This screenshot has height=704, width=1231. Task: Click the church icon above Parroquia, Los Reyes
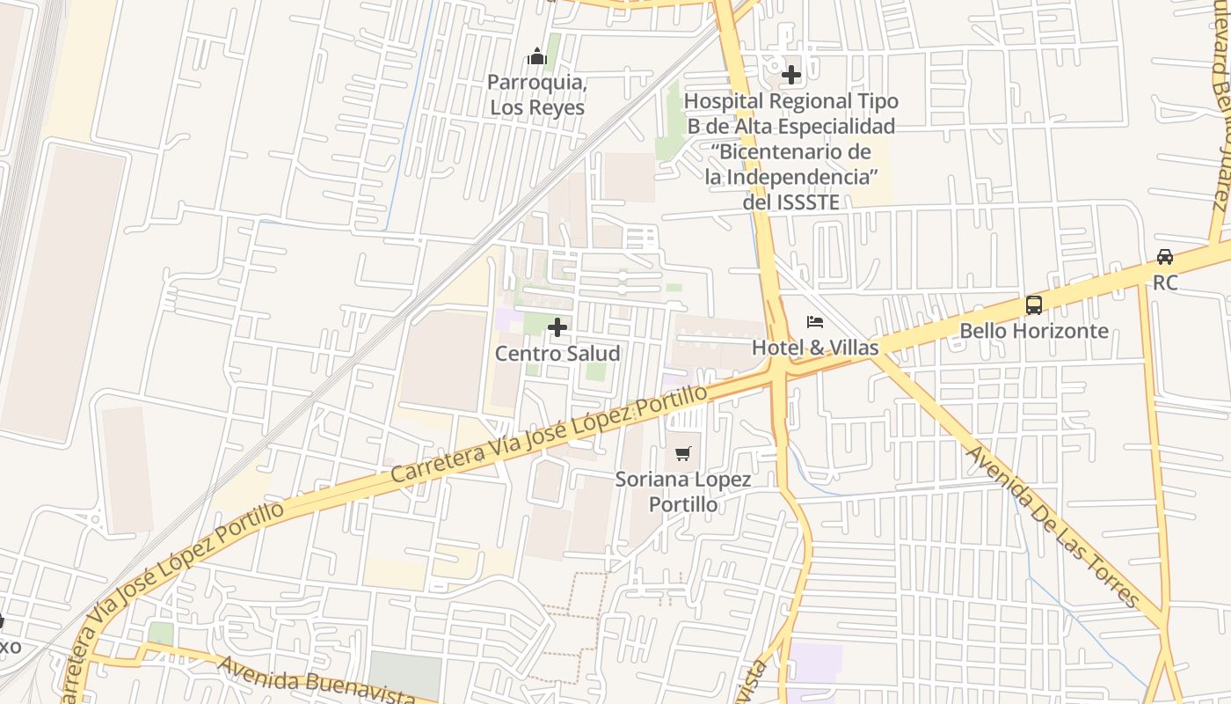pyautogui.click(x=537, y=58)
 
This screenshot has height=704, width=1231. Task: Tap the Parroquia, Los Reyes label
pyautogui.click(x=537, y=95)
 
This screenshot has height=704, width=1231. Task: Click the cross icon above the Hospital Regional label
pyautogui.click(x=791, y=75)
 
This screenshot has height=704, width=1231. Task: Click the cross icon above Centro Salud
pyautogui.click(x=557, y=328)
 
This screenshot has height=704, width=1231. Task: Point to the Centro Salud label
pyautogui.click(x=557, y=354)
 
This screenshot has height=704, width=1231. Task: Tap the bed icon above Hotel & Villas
pyautogui.click(x=815, y=322)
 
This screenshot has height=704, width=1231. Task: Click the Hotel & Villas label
pyautogui.click(x=815, y=348)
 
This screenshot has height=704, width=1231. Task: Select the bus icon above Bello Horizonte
pyautogui.click(x=1034, y=305)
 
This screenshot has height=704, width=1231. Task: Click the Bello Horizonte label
pyautogui.click(x=1034, y=331)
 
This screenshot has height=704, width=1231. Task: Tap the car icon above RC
pyautogui.click(x=1165, y=257)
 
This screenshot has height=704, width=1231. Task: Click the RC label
pyautogui.click(x=1165, y=283)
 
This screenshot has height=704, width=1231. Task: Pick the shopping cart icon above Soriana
pyautogui.click(x=683, y=454)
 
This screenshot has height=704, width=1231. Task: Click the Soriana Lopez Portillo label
pyautogui.click(x=683, y=492)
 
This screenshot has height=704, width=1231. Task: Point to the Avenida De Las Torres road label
pyautogui.click(x=1053, y=526)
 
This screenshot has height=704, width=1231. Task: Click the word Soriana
pyautogui.click(x=651, y=480)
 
